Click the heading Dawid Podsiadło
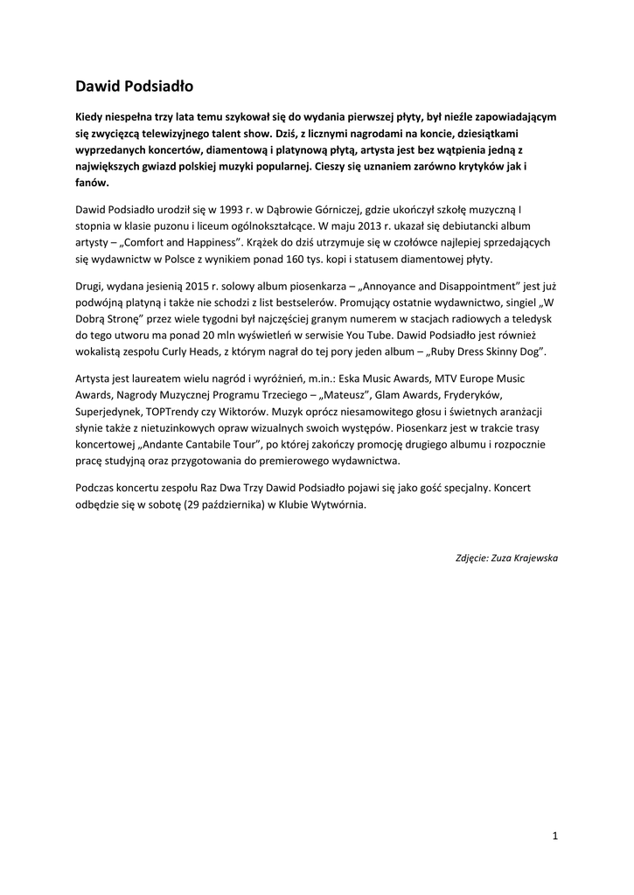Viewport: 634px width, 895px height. click(x=134, y=87)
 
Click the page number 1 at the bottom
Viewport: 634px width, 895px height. click(x=555, y=836)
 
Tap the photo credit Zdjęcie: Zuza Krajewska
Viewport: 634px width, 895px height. click(x=507, y=558)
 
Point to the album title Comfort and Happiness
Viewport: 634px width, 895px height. click(x=179, y=242)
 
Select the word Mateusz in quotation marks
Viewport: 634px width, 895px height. click(x=327, y=395)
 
